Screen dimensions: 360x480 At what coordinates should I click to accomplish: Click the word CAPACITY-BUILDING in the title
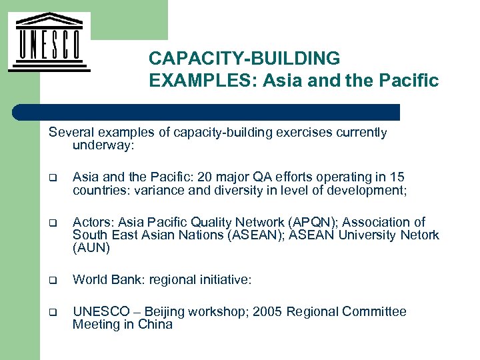coord(244,59)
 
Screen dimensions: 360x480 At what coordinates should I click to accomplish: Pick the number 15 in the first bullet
coord(397,177)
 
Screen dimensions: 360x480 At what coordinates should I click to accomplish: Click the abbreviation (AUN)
coord(91,248)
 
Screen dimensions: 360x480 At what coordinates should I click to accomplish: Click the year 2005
coord(269,312)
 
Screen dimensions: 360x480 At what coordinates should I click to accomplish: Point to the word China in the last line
coord(155,325)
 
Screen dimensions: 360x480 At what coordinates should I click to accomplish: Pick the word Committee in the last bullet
coord(378,312)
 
